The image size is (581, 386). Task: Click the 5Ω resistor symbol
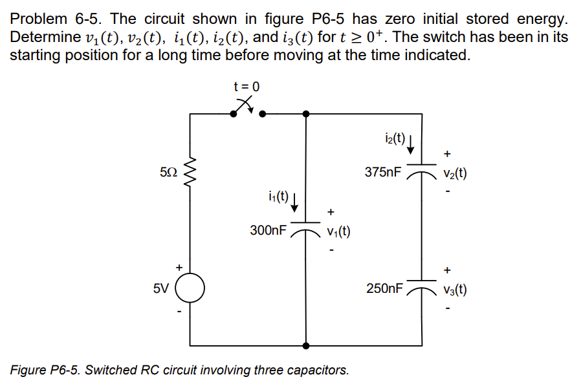click(190, 172)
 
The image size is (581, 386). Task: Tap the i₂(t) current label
click(393, 138)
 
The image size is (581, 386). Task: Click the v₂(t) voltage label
click(455, 174)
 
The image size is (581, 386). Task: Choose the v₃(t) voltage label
click(455, 290)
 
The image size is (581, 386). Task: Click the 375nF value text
click(382, 173)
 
